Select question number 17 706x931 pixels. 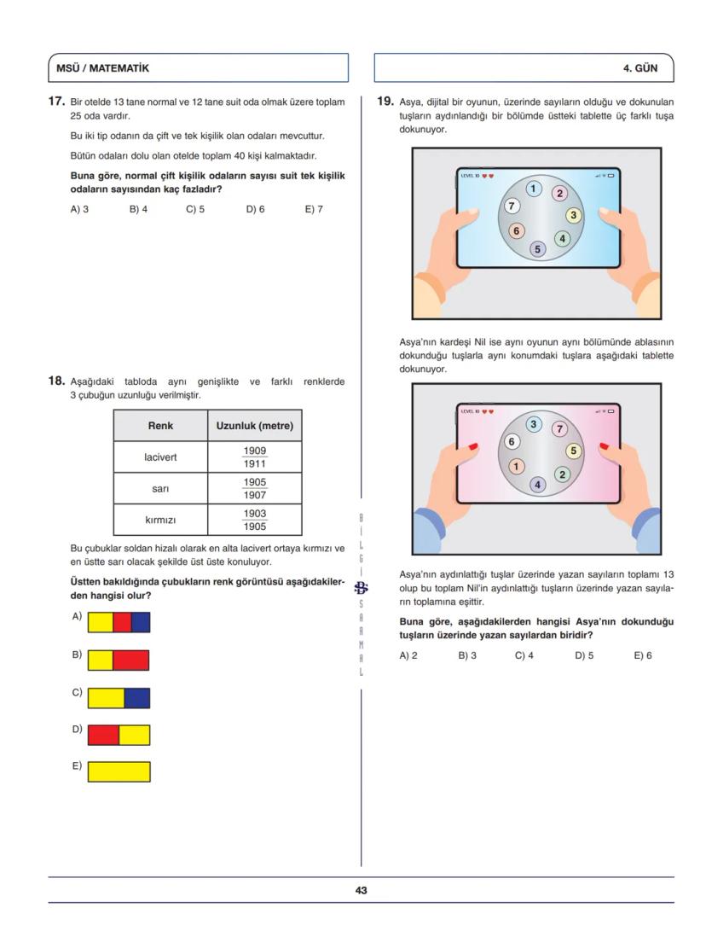click(x=56, y=102)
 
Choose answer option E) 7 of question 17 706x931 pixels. click(x=313, y=208)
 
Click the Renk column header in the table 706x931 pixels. click(x=160, y=425)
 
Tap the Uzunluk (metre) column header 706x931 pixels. click(x=254, y=425)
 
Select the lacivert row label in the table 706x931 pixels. click(x=160, y=457)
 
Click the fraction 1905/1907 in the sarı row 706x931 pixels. click(x=254, y=488)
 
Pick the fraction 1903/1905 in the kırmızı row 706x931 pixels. click(x=254, y=520)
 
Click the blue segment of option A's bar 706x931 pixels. click(x=141, y=621)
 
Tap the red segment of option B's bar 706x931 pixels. click(x=130, y=660)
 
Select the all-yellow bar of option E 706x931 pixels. click(x=119, y=772)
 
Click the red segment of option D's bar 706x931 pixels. click(x=103, y=735)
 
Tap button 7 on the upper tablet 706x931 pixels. click(x=512, y=206)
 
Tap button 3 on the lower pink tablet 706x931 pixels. click(x=535, y=424)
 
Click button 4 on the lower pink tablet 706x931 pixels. click(x=537, y=484)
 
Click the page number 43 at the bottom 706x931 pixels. click(x=361, y=890)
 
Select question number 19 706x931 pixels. click(x=385, y=102)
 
